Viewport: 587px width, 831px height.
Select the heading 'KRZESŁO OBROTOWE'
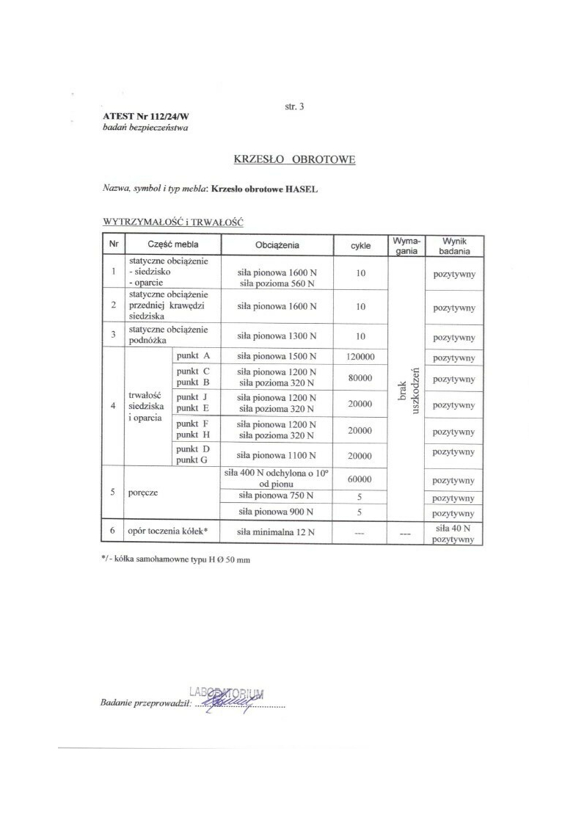(x=294, y=159)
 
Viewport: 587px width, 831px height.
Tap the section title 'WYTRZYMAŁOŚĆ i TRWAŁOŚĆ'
(x=173, y=220)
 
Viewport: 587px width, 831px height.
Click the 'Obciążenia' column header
(x=277, y=244)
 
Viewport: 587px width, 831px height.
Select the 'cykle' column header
(x=360, y=244)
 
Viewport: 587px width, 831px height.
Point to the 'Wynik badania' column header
(x=455, y=244)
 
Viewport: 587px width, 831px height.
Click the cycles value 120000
(x=360, y=357)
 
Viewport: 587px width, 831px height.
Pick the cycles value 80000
(x=360, y=378)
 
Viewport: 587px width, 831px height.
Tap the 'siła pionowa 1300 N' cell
(x=277, y=336)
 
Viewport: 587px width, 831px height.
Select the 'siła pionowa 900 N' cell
(x=277, y=512)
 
